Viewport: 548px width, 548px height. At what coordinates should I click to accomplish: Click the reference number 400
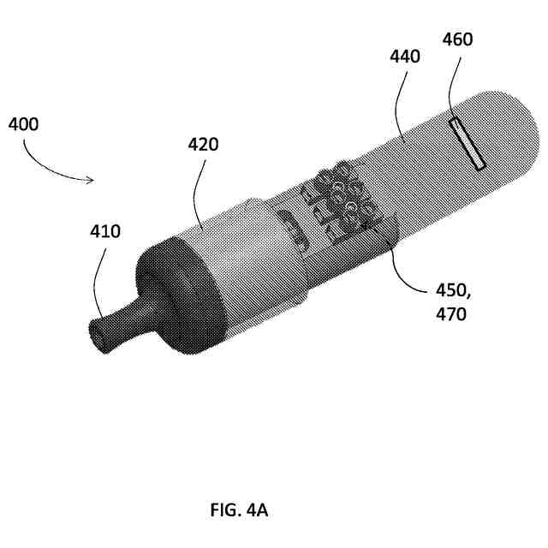(x=24, y=124)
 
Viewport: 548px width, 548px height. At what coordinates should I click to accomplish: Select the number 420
(x=204, y=145)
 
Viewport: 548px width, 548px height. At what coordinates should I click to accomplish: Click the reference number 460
(x=458, y=39)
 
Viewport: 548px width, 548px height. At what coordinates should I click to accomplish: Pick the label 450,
(x=451, y=293)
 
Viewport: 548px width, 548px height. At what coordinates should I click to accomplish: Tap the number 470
(x=450, y=315)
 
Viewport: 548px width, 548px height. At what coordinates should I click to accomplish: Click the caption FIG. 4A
(x=240, y=510)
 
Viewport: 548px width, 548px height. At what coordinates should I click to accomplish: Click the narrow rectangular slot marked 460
(x=468, y=143)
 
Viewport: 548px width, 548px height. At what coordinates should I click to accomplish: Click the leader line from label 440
(x=400, y=103)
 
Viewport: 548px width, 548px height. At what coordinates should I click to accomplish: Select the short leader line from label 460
(x=454, y=86)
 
